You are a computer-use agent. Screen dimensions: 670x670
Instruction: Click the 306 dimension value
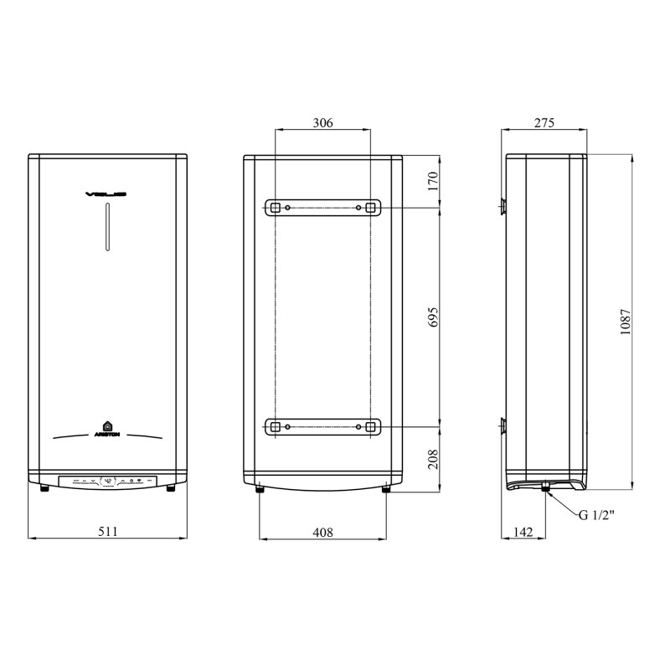click(322, 122)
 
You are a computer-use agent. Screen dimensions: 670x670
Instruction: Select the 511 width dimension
click(107, 531)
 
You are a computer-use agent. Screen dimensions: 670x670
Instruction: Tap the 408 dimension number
click(322, 531)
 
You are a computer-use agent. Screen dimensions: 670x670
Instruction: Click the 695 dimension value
click(433, 317)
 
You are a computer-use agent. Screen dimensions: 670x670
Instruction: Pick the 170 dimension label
click(433, 182)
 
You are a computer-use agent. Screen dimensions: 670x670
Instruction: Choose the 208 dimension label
click(433, 457)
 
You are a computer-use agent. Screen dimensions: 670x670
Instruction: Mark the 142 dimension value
click(523, 531)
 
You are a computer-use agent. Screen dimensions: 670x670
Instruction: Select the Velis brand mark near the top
click(107, 194)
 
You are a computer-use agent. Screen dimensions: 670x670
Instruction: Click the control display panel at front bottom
click(107, 482)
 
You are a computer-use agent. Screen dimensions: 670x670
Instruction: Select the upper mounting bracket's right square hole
click(371, 207)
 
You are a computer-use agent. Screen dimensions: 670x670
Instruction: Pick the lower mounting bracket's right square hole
click(371, 427)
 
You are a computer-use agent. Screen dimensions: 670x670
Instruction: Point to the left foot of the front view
click(44, 487)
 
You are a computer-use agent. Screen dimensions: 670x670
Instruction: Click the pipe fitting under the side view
click(545, 487)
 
